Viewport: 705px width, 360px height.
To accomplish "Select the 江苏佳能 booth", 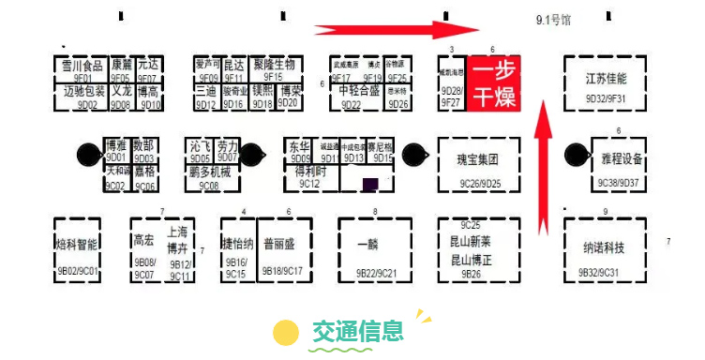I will coord(605,83).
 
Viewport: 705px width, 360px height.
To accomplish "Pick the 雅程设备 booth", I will coord(619,164).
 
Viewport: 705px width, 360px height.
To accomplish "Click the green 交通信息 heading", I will coord(359,330).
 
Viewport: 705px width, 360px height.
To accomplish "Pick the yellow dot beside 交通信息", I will coord(285,332).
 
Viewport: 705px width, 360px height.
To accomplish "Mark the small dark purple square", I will coord(372,183).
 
